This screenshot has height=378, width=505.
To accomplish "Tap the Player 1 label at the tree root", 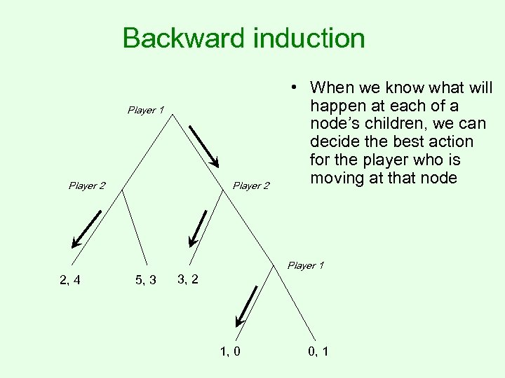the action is [145, 110].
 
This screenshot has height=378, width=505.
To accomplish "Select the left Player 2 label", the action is [87, 185].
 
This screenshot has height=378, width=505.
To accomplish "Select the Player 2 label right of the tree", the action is [250, 185].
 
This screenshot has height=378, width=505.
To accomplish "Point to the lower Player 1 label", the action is [305, 265].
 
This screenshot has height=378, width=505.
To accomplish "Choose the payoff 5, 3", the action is [145, 281].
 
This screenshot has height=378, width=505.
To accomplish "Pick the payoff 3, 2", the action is [187, 279].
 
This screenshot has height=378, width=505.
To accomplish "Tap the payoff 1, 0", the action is [230, 351].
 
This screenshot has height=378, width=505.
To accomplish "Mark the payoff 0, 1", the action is [316, 351].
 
